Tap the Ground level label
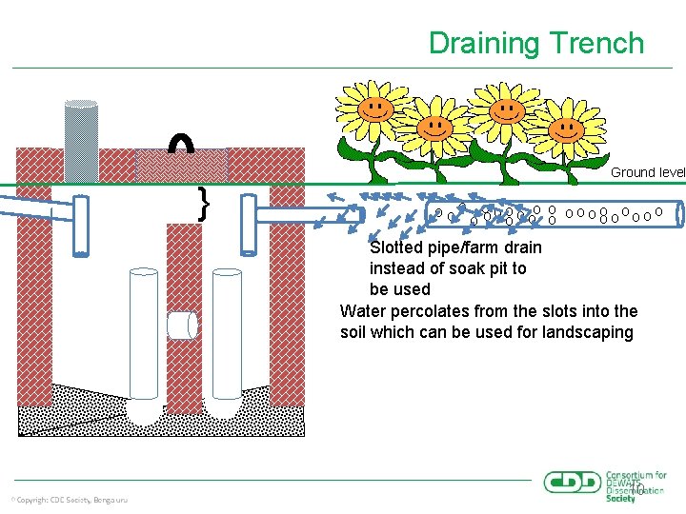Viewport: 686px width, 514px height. tap(647, 172)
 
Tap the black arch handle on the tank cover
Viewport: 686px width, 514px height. tap(181, 142)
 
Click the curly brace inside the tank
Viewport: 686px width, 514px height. tap(203, 204)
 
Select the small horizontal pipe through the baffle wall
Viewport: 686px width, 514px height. tap(181, 326)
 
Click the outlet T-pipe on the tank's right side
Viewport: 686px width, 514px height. tap(250, 225)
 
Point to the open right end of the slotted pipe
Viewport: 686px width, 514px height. tap(679, 214)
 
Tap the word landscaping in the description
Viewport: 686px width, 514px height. tap(588, 332)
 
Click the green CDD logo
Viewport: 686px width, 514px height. tap(573, 482)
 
